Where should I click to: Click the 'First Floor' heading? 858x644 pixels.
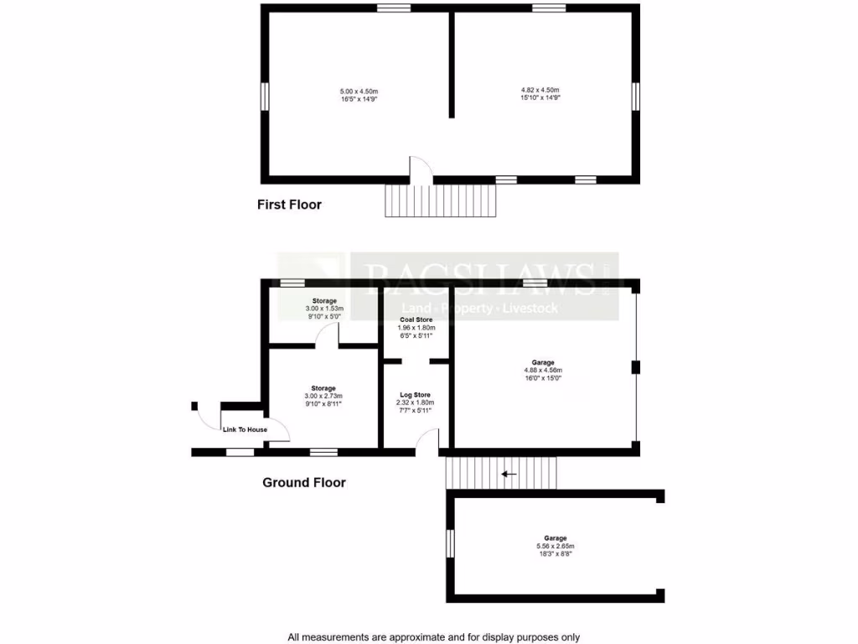coord(289,205)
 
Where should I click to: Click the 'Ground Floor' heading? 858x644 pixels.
coord(304,482)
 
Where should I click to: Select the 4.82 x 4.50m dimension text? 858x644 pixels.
coord(540,90)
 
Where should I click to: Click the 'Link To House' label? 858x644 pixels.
coord(246,430)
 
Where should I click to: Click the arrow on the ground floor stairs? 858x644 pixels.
coord(508,474)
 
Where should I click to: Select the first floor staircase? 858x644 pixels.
coord(441,200)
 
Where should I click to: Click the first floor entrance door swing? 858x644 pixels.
coord(420,168)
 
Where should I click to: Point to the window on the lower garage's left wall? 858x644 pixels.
coord(450,543)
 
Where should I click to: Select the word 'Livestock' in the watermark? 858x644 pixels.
coord(529,309)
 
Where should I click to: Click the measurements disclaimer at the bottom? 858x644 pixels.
coord(433,637)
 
